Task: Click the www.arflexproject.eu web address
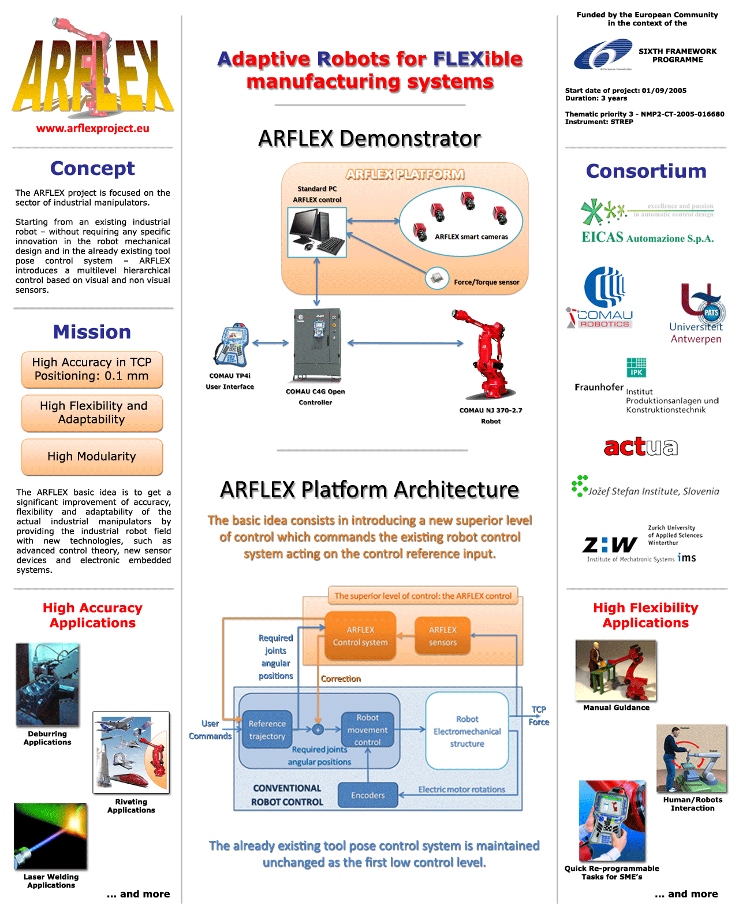coord(93,128)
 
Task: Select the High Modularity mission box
coord(92,457)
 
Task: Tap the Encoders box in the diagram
coord(368,795)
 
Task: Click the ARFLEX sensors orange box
coord(442,636)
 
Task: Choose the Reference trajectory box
coord(267,729)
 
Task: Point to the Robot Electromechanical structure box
coord(466,731)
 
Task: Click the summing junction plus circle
coord(318,729)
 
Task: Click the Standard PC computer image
coord(317,232)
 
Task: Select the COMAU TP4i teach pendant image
coord(232,344)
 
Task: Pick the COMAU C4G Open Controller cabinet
coord(317,345)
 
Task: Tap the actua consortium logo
coord(640,447)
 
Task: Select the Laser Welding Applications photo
coord(50,836)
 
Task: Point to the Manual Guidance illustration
coord(615,670)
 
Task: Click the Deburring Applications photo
coord(47,684)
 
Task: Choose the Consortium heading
coord(646,171)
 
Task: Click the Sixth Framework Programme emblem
coord(603,54)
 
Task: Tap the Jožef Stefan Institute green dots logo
coord(579,486)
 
